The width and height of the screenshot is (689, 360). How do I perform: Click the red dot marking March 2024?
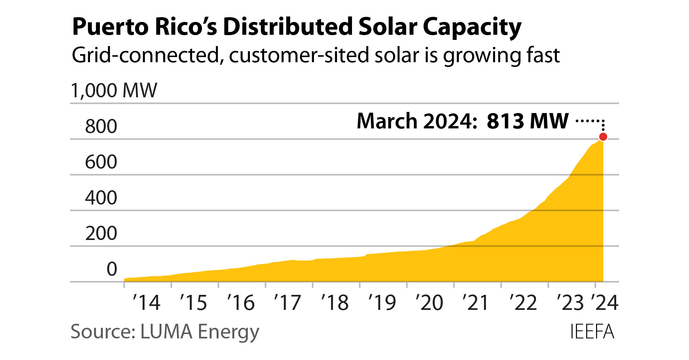603,137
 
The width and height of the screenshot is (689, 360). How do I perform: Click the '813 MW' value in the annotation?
527,121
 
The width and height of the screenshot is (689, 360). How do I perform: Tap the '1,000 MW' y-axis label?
114,91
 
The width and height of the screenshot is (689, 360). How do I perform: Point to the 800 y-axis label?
101,127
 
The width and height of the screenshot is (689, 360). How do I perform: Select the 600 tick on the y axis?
101,162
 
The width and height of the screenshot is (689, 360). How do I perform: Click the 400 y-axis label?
101,198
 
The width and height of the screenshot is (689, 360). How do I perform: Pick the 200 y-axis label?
101,233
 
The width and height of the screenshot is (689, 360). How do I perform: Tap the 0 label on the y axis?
112,269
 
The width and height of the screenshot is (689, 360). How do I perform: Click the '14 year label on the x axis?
146,303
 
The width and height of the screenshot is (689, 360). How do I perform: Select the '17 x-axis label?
288,303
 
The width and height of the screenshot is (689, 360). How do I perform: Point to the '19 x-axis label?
382,303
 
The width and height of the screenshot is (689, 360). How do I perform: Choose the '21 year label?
476,303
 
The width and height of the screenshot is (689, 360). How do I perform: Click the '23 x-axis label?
570,303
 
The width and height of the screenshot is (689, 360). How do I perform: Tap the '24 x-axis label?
604,303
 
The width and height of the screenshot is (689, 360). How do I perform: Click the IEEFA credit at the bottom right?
592,332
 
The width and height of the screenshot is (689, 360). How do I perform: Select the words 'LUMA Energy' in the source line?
199,332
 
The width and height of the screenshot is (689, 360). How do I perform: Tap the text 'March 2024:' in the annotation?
417,121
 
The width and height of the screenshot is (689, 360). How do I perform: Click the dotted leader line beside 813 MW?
589,120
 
